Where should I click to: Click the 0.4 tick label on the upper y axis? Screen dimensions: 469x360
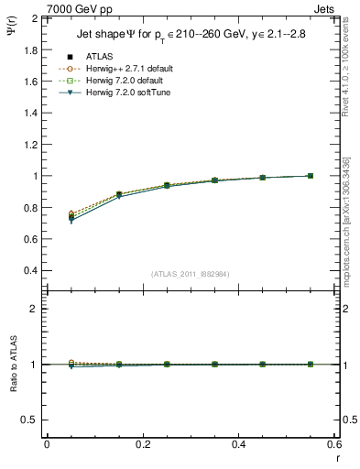pyautogui.click(x=29, y=270)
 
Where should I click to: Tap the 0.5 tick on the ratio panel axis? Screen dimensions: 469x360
pyautogui.click(x=28, y=420)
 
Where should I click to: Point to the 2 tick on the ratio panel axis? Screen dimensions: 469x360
pyautogui.click(x=33, y=309)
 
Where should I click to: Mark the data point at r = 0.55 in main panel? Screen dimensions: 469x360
pyautogui.click(x=311, y=176)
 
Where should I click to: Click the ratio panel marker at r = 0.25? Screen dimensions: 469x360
pyautogui.click(x=167, y=364)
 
